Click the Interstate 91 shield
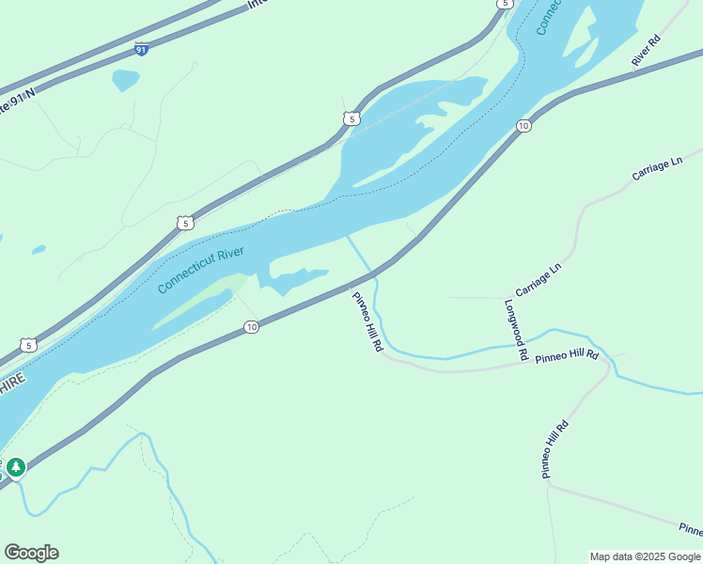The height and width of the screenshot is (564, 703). [x=141, y=49]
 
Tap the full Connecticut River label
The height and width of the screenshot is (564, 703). [x=201, y=269]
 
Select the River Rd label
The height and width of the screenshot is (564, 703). [x=648, y=51]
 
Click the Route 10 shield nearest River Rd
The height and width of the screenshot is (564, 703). [x=524, y=125]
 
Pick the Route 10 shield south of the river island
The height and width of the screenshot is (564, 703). [x=251, y=327]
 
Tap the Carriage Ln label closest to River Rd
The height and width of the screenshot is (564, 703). [x=657, y=169]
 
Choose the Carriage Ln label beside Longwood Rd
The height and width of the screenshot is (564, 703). [x=538, y=278]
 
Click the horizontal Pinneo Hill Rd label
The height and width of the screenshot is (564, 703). [x=567, y=357]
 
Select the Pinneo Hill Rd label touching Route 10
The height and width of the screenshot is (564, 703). [x=367, y=321]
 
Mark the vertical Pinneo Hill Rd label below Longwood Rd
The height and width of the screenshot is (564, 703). [x=555, y=449]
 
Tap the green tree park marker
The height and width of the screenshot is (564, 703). [x=16, y=466]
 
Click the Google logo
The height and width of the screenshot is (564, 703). [x=31, y=553]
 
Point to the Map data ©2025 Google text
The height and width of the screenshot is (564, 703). [x=646, y=556]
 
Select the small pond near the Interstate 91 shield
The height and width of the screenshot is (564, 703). [x=125, y=80]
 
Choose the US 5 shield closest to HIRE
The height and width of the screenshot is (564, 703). [x=29, y=346]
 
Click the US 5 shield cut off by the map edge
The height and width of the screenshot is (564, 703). [x=506, y=4]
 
